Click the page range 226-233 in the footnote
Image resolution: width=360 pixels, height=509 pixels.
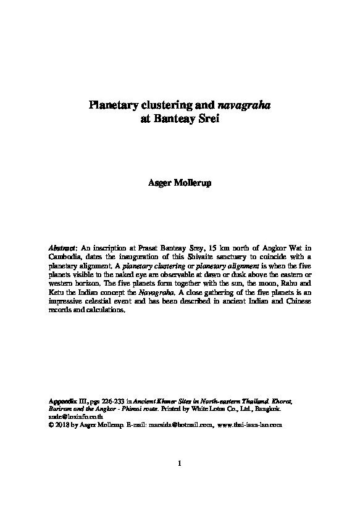click(x=110, y=401)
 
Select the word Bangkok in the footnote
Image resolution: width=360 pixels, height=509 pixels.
click(x=267, y=409)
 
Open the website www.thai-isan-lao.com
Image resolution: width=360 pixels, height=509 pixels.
click(x=249, y=425)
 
